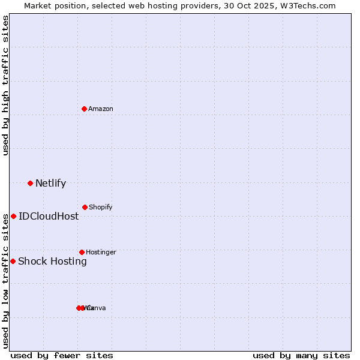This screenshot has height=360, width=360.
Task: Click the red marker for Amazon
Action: (85, 109)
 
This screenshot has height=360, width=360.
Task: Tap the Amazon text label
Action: (101, 109)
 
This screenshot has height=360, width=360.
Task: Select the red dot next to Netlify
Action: (30, 183)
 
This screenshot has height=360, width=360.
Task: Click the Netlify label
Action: (50, 184)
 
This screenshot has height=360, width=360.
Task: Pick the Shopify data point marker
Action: (85, 207)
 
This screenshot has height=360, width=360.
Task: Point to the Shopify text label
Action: (101, 207)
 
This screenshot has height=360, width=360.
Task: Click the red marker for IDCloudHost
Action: (13, 216)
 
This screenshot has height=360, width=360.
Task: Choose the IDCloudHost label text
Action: (49, 217)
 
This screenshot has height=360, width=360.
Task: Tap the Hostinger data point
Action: (82, 252)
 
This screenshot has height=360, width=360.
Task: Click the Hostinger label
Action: (101, 252)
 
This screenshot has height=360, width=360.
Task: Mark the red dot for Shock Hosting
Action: (13, 261)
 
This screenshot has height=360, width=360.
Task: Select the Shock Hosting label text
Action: (52, 262)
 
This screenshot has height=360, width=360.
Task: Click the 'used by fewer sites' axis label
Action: (62, 355)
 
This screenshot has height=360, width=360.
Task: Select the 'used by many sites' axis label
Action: (301, 355)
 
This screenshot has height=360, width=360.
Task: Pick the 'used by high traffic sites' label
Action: (6, 85)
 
